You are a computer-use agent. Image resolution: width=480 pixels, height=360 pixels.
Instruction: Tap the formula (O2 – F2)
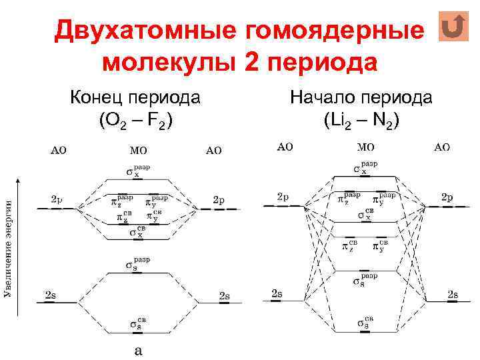pos(136,121)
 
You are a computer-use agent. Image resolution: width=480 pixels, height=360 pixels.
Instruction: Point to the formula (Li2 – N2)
pos(361,121)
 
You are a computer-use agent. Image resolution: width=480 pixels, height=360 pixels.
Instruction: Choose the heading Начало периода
pos(361,98)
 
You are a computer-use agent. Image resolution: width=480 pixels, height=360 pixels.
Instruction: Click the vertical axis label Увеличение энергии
pos(9,247)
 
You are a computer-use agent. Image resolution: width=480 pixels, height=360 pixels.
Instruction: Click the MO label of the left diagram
pos(137,151)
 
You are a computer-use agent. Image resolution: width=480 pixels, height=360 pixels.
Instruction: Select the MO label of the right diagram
pos(365,147)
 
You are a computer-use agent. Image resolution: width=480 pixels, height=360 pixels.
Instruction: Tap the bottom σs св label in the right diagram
pos(364,323)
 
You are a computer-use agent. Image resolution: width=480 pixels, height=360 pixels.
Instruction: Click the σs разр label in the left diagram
pos(137,263)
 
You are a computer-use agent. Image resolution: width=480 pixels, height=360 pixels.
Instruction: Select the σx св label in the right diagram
pos(364,215)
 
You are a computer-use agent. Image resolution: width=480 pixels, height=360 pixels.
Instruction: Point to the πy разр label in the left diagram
pos(157,200)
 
